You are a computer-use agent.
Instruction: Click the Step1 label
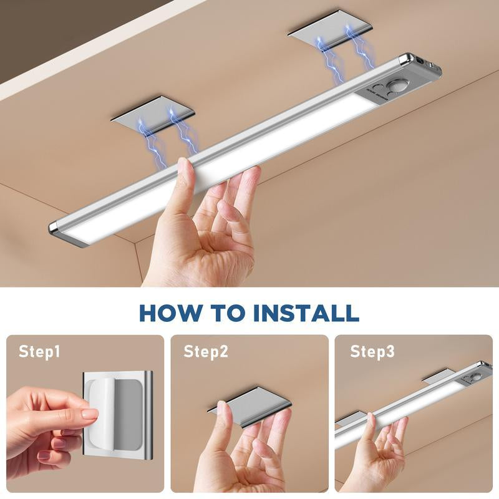click(x=39, y=352)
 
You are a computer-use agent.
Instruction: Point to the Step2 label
click(x=205, y=352)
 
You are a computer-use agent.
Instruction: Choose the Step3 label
click(x=372, y=352)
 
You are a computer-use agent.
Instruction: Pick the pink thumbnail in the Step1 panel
click(x=89, y=413)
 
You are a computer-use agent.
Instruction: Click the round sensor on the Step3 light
click(x=476, y=377)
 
